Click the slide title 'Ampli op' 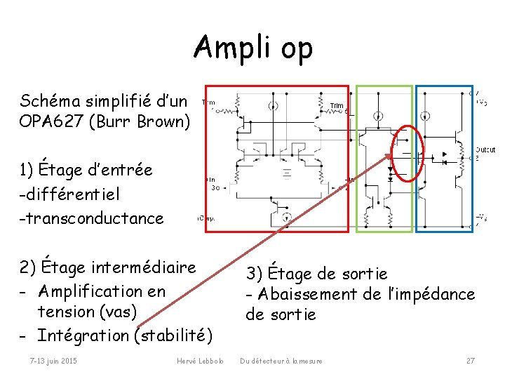coord(253,48)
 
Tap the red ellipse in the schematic coord(408,152)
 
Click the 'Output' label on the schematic coord(485,149)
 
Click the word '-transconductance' coord(92,218)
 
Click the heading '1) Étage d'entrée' coord(86,169)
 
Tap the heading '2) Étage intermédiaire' coord(108,267)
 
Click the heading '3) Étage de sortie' coord(316,272)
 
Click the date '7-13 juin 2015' coord(53,361)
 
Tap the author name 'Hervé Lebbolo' coord(200,361)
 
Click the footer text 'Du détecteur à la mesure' coord(281,361)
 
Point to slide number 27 coord(471,361)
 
